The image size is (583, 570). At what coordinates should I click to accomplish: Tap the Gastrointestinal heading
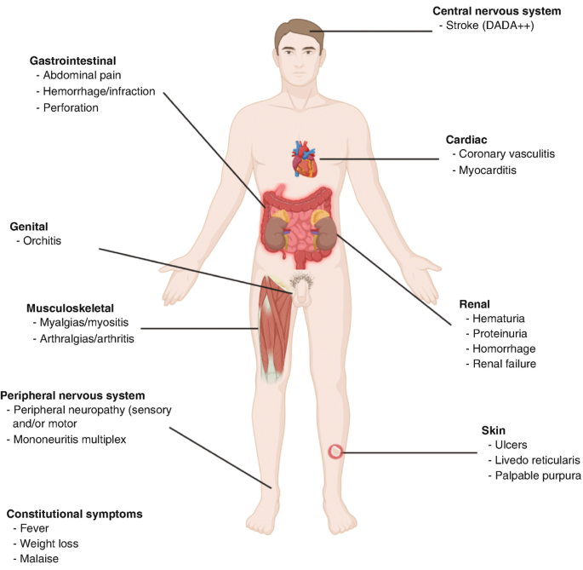click(73, 61)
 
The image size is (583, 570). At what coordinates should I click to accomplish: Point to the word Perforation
click(71, 108)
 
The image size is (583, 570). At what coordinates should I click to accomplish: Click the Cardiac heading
click(466, 139)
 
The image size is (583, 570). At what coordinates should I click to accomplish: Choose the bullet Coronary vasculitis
click(506, 154)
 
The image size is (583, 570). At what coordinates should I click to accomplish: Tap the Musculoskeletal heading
click(70, 308)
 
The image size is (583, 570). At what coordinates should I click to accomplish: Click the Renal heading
click(474, 302)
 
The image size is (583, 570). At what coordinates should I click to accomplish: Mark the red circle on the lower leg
click(337, 452)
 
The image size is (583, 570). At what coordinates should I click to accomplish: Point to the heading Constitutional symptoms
click(74, 514)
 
